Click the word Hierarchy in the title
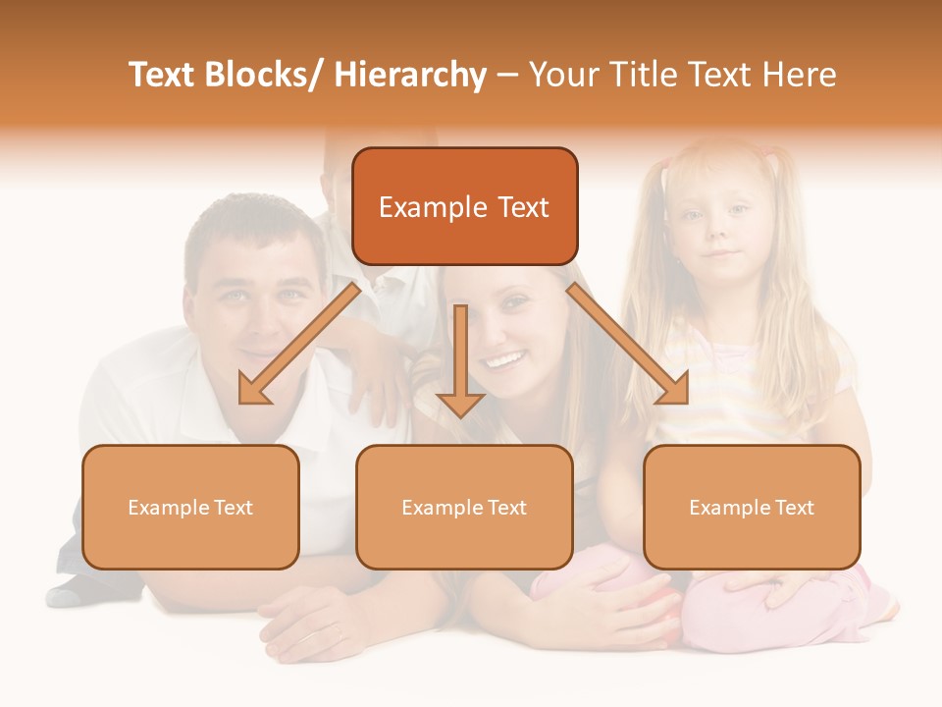(x=410, y=75)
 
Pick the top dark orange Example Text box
(x=464, y=207)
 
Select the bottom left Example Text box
(x=190, y=507)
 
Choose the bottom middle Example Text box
(x=464, y=507)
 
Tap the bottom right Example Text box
(x=752, y=507)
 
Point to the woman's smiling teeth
(x=502, y=361)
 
